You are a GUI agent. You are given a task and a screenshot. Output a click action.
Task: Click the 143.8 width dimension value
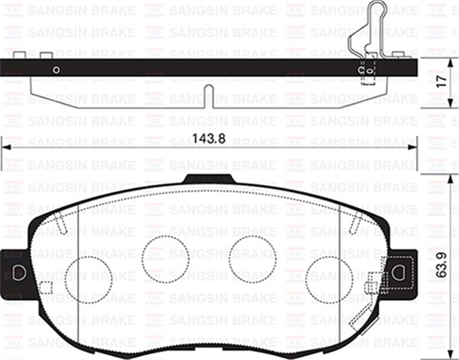(208, 138)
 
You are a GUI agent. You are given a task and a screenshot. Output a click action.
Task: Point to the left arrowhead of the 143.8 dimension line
(5, 147)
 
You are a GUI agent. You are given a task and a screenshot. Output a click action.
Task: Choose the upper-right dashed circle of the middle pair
(252, 259)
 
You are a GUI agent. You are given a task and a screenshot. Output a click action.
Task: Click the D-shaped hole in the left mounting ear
(18, 272)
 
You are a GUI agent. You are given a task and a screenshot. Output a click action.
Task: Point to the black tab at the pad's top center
(208, 179)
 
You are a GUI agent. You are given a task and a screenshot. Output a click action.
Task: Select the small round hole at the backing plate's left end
(56, 70)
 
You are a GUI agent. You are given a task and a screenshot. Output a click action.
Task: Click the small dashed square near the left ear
(46, 287)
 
